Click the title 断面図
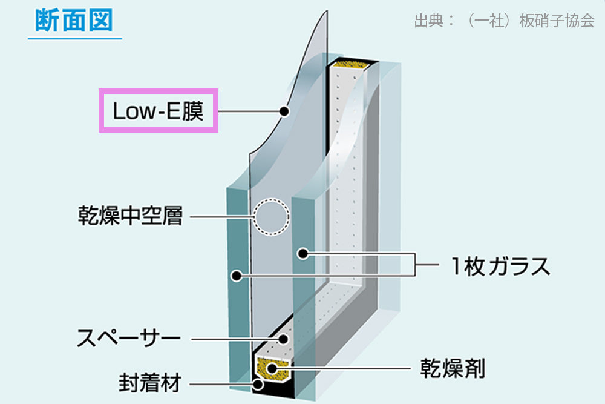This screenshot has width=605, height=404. pos(74,20)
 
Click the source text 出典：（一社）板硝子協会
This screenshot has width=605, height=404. pos(505,21)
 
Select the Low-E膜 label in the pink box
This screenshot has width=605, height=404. pos(158,111)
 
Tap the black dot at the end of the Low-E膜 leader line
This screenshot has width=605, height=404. pos(284,111)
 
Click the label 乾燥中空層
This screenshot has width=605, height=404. pos(131,216)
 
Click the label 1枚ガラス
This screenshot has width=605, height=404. pos(500,266)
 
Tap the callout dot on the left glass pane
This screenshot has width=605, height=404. pos(236,276)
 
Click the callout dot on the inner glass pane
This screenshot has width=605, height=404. pos(303,254)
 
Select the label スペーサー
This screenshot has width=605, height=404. pos(129,338)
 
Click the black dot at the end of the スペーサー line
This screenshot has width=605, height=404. pos(283,340)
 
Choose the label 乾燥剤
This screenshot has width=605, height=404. pos(453,368)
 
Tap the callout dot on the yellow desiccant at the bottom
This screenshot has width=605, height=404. pos(272,368)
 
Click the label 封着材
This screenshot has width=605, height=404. pos(149,383)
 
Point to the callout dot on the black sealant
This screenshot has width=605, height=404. pos(258,384)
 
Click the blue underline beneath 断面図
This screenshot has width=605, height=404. pos(75,38)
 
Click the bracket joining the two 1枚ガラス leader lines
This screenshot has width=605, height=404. pos(415,265)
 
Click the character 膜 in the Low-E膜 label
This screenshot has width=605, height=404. pos(193,111)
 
